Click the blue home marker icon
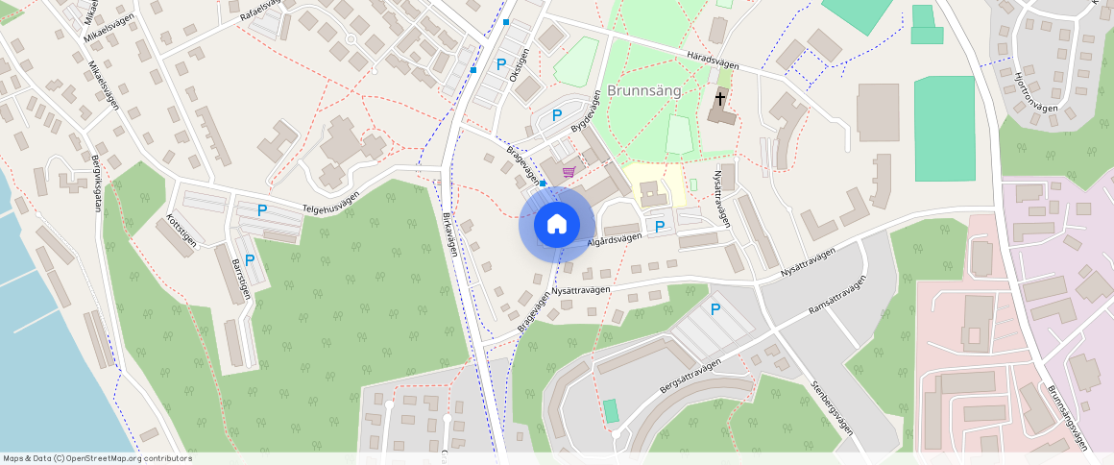pyautogui.click(x=556, y=225)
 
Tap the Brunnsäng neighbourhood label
pyautogui.click(x=644, y=91)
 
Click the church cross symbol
pyautogui.click(x=720, y=98)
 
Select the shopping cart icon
pyautogui.click(x=569, y=172)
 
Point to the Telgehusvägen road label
pyautogui.click(x=330, y=201)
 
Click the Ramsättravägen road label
pyautogui.click(x=837, y=296)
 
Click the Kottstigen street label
pyautogui.click(x=182, y=230)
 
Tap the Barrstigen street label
pyautogui.click(x=241, y=279)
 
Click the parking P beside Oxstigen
pyautogui.click(x=500, y=64)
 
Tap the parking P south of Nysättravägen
pyautogui.click(x=714, y=309)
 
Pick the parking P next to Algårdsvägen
pyautogui.click(x=659, y=227)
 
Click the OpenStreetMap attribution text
pyautogui.click(x=96, y=458)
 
